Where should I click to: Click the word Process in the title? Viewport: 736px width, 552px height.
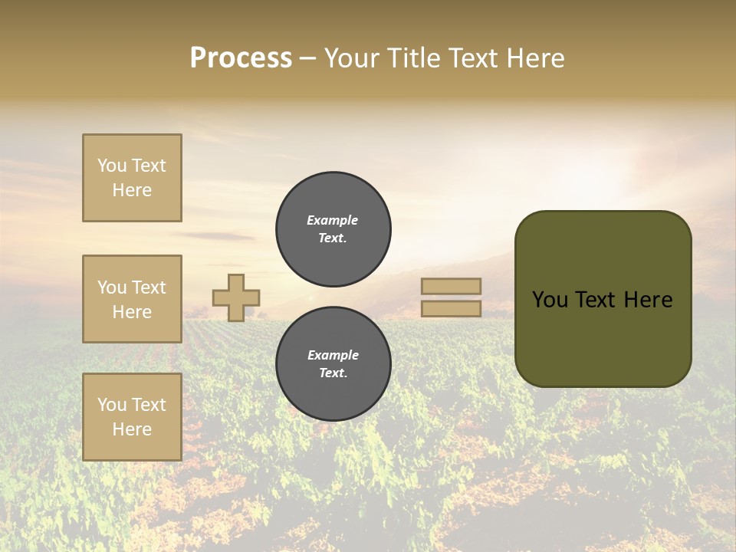(241, 58)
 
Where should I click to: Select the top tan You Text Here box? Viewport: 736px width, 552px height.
(132, 178)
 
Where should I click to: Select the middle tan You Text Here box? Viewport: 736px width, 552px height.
(132, 299)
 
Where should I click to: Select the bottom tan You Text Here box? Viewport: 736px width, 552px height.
(132, 417)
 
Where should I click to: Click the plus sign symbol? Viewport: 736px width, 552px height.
(236, 297)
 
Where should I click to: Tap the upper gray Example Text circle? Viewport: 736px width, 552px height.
(333, 228)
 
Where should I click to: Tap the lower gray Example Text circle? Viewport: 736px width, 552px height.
(333, 363)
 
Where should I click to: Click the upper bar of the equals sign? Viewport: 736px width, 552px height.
(451, 286)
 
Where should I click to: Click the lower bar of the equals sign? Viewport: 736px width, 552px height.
(451, 308)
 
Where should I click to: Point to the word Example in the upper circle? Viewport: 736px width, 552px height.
(332, 220)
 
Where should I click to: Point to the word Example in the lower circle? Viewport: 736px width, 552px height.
(333, 355)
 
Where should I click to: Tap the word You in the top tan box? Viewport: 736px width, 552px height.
(111, 166)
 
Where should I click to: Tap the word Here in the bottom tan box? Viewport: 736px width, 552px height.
(132, 429)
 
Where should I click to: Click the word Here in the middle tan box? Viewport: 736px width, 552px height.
(132, 312)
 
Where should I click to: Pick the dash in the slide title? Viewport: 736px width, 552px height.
(308, 59)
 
